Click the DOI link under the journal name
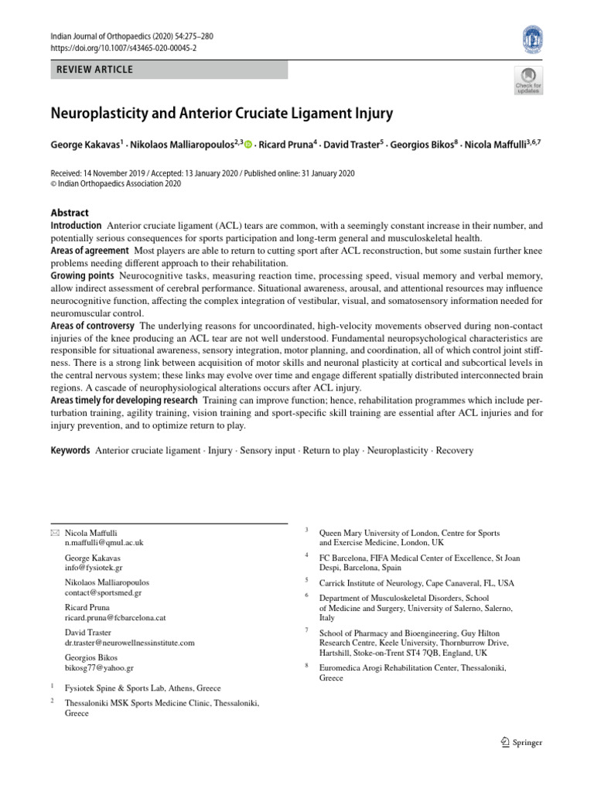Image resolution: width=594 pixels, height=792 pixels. point(122,47)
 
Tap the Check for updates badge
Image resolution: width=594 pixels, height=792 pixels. point(528,80)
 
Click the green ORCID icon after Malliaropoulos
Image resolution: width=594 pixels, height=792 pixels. point(248,145)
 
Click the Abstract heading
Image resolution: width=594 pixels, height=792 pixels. point(70,213)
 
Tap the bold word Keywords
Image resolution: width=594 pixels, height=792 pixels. point(70,450)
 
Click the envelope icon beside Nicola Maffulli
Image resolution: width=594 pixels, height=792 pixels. point(53,533)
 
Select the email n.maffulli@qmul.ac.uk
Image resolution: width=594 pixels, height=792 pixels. point(104,543)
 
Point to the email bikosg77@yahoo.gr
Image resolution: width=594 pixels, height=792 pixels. point(99,667)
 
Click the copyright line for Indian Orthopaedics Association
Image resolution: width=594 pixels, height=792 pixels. point(115,184)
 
